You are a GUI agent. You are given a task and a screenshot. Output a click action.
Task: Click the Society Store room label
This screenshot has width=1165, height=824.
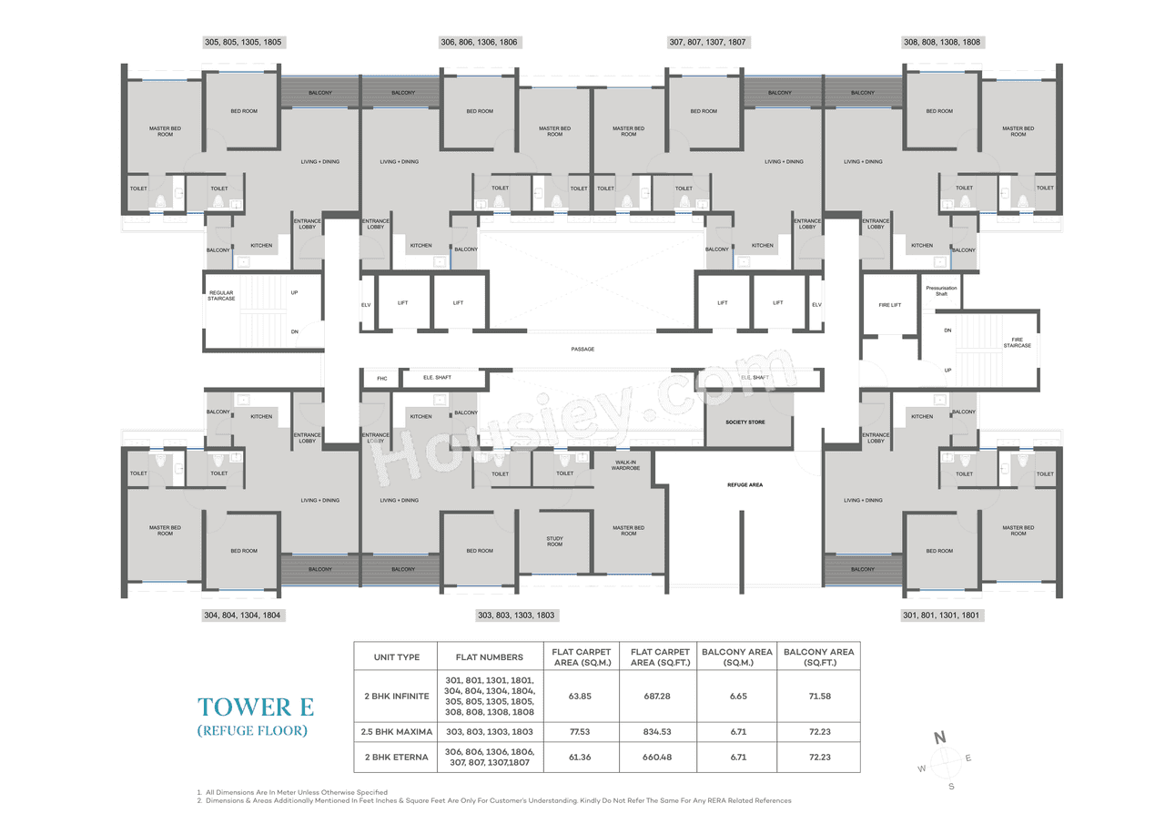[x=745, y=422]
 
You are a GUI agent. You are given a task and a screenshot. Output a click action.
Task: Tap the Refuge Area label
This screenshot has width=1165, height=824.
[x=745, y=484]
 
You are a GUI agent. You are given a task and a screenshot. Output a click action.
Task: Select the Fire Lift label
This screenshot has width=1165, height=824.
[x=889, y=305]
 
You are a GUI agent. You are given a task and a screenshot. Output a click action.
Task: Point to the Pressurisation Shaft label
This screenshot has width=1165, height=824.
[x=941, y=290]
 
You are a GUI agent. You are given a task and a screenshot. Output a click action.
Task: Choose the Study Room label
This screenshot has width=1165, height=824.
[x=554, y=542]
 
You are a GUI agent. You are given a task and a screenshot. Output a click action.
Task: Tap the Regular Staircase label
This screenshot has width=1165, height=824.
[x=222, y=296]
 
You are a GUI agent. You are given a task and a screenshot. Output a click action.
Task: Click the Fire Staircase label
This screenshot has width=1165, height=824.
[x=1017, y=342]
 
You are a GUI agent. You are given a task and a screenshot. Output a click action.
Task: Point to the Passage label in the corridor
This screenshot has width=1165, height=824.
[x=582, y=349]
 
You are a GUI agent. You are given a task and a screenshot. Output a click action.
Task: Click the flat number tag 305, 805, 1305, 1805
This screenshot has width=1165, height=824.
[x=244, y=42]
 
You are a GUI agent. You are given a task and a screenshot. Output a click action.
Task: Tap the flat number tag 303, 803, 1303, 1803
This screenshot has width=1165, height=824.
[x=516, y=615]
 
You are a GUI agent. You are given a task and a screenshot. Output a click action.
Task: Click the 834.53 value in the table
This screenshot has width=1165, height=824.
[x=653, y=731]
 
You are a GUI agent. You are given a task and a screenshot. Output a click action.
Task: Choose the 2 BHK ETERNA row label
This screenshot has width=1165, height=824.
[x=396, y=758]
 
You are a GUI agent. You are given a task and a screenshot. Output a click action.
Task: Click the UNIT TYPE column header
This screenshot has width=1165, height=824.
[x=396, y=656]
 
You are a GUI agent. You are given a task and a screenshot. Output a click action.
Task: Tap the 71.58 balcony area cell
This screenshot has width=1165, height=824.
[x=817, y=696]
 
